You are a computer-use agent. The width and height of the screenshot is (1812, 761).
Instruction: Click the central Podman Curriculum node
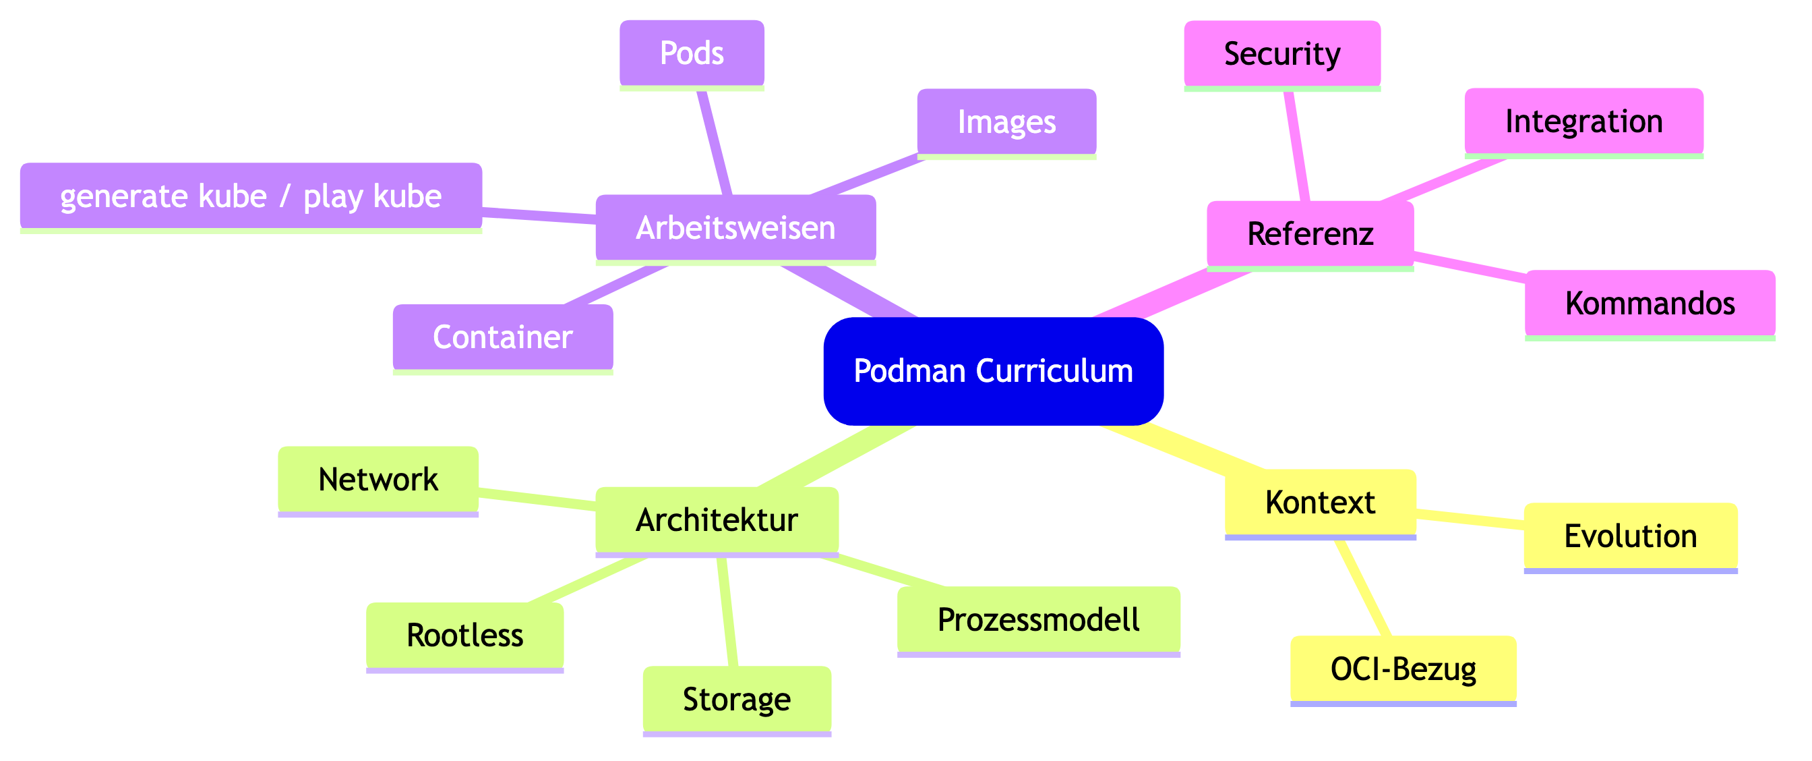pos(993,371)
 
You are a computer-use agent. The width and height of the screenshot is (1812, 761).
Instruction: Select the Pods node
pos(692,53)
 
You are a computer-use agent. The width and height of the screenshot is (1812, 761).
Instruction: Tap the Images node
pos(1006,123)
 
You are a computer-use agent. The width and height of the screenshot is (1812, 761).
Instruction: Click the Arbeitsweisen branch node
pos(735,228)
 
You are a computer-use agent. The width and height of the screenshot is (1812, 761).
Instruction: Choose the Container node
pos(502,337)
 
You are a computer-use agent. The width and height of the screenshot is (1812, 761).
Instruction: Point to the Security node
pos(1281,54)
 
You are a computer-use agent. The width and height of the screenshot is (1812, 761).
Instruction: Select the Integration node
pos(1583,122)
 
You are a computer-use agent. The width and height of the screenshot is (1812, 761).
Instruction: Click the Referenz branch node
pos(1310,233)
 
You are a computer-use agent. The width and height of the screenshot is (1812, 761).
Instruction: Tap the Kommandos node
pos(1650,304)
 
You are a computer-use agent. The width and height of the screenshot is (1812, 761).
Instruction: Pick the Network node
pos(377,480)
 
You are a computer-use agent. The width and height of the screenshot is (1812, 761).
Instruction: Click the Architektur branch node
pos(716,520)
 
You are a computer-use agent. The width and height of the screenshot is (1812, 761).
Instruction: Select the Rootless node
pos(464,636)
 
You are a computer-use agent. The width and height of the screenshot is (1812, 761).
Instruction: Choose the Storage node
pos(737,700)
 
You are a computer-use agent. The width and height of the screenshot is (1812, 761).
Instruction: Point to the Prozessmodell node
pos(1038,620)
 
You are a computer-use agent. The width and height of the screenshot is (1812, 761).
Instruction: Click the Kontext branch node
pos(1320,503)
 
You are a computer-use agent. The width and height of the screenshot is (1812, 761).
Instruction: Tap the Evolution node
pos(1630,536)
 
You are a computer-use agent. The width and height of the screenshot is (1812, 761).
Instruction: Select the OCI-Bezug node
pos(1403,669)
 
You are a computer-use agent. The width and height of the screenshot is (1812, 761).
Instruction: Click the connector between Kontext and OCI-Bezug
pos(1364,588)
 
